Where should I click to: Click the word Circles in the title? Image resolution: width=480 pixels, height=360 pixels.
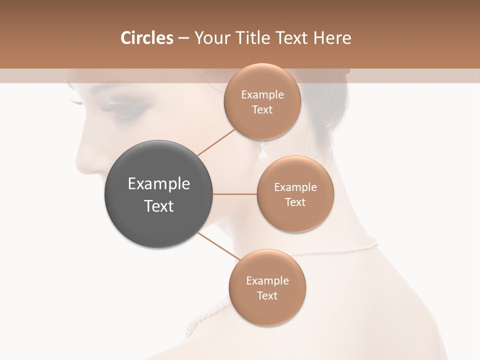(x=146, y=38)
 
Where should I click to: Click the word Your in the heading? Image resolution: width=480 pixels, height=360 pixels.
(x=210, y=38)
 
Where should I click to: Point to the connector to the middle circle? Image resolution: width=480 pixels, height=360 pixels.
(x=234, y=193)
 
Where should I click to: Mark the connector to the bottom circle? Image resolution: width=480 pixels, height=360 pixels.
(x=218, y=246)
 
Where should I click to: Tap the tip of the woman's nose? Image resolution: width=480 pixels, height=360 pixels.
(x=80, y=162)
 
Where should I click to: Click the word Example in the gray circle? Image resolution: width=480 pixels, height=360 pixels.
(x=158, y=184)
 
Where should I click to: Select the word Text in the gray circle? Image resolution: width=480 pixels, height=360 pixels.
(x=158, y=206)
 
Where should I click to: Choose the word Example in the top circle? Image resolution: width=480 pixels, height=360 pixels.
(x=262, y=95)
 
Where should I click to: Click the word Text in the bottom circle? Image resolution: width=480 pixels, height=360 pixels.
(x=267, y=295)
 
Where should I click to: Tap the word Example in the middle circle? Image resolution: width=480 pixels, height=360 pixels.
(x=295, y=187)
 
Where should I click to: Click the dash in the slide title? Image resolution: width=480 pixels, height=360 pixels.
(x=183, y=38)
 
